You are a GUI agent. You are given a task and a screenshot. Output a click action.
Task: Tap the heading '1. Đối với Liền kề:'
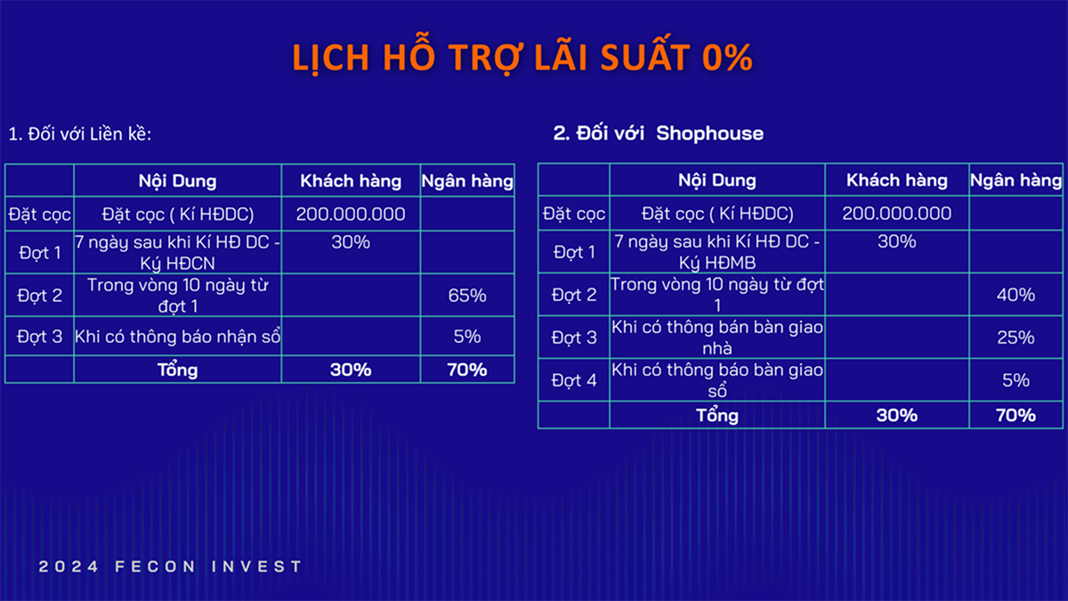point(80,134)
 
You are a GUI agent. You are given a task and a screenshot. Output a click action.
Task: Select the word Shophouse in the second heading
point(710,134)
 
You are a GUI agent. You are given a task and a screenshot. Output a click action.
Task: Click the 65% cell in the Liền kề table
point(467,296)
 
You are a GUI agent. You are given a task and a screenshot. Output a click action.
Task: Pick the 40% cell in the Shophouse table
point(1015,295)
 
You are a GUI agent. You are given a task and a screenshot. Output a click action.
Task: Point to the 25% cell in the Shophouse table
point(1015,337)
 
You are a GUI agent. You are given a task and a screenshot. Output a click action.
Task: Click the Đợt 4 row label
point(574,381)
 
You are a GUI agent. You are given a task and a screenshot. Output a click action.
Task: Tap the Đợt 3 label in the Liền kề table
point(39,337)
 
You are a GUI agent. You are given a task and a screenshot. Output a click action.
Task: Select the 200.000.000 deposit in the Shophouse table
point(897,213)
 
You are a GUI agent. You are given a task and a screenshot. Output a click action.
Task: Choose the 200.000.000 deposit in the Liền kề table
point(351,215)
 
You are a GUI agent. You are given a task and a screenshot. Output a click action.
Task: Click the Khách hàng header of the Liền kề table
point(351,182)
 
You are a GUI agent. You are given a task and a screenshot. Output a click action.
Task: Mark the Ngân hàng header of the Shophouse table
point(1016,180)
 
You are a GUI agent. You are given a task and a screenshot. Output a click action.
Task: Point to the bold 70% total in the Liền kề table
point(467,370)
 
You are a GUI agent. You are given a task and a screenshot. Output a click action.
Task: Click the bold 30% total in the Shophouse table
point(897,415)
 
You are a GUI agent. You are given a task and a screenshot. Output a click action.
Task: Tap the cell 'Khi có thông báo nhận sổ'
point(177,337)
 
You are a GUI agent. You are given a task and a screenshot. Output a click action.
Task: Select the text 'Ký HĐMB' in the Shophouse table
point(717,263)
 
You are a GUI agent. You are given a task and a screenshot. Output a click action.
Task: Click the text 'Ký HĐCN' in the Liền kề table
point(177,264)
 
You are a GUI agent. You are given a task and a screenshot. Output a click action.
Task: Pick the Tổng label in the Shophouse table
point(717,415)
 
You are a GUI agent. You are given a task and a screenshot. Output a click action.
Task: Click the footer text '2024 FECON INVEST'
point(170,566)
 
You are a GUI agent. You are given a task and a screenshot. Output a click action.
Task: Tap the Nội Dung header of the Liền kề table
point(177,182)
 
